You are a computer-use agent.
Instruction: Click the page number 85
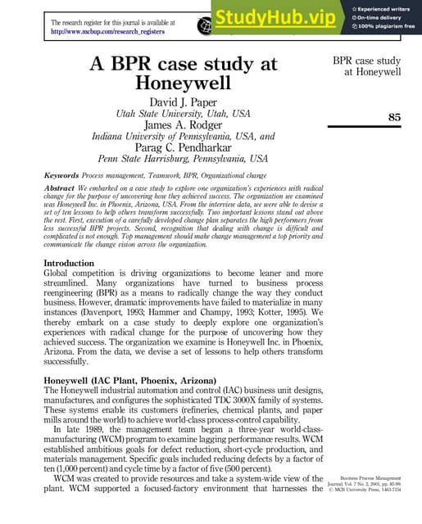(394, 117)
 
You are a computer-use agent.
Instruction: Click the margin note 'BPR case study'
(366, 61)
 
